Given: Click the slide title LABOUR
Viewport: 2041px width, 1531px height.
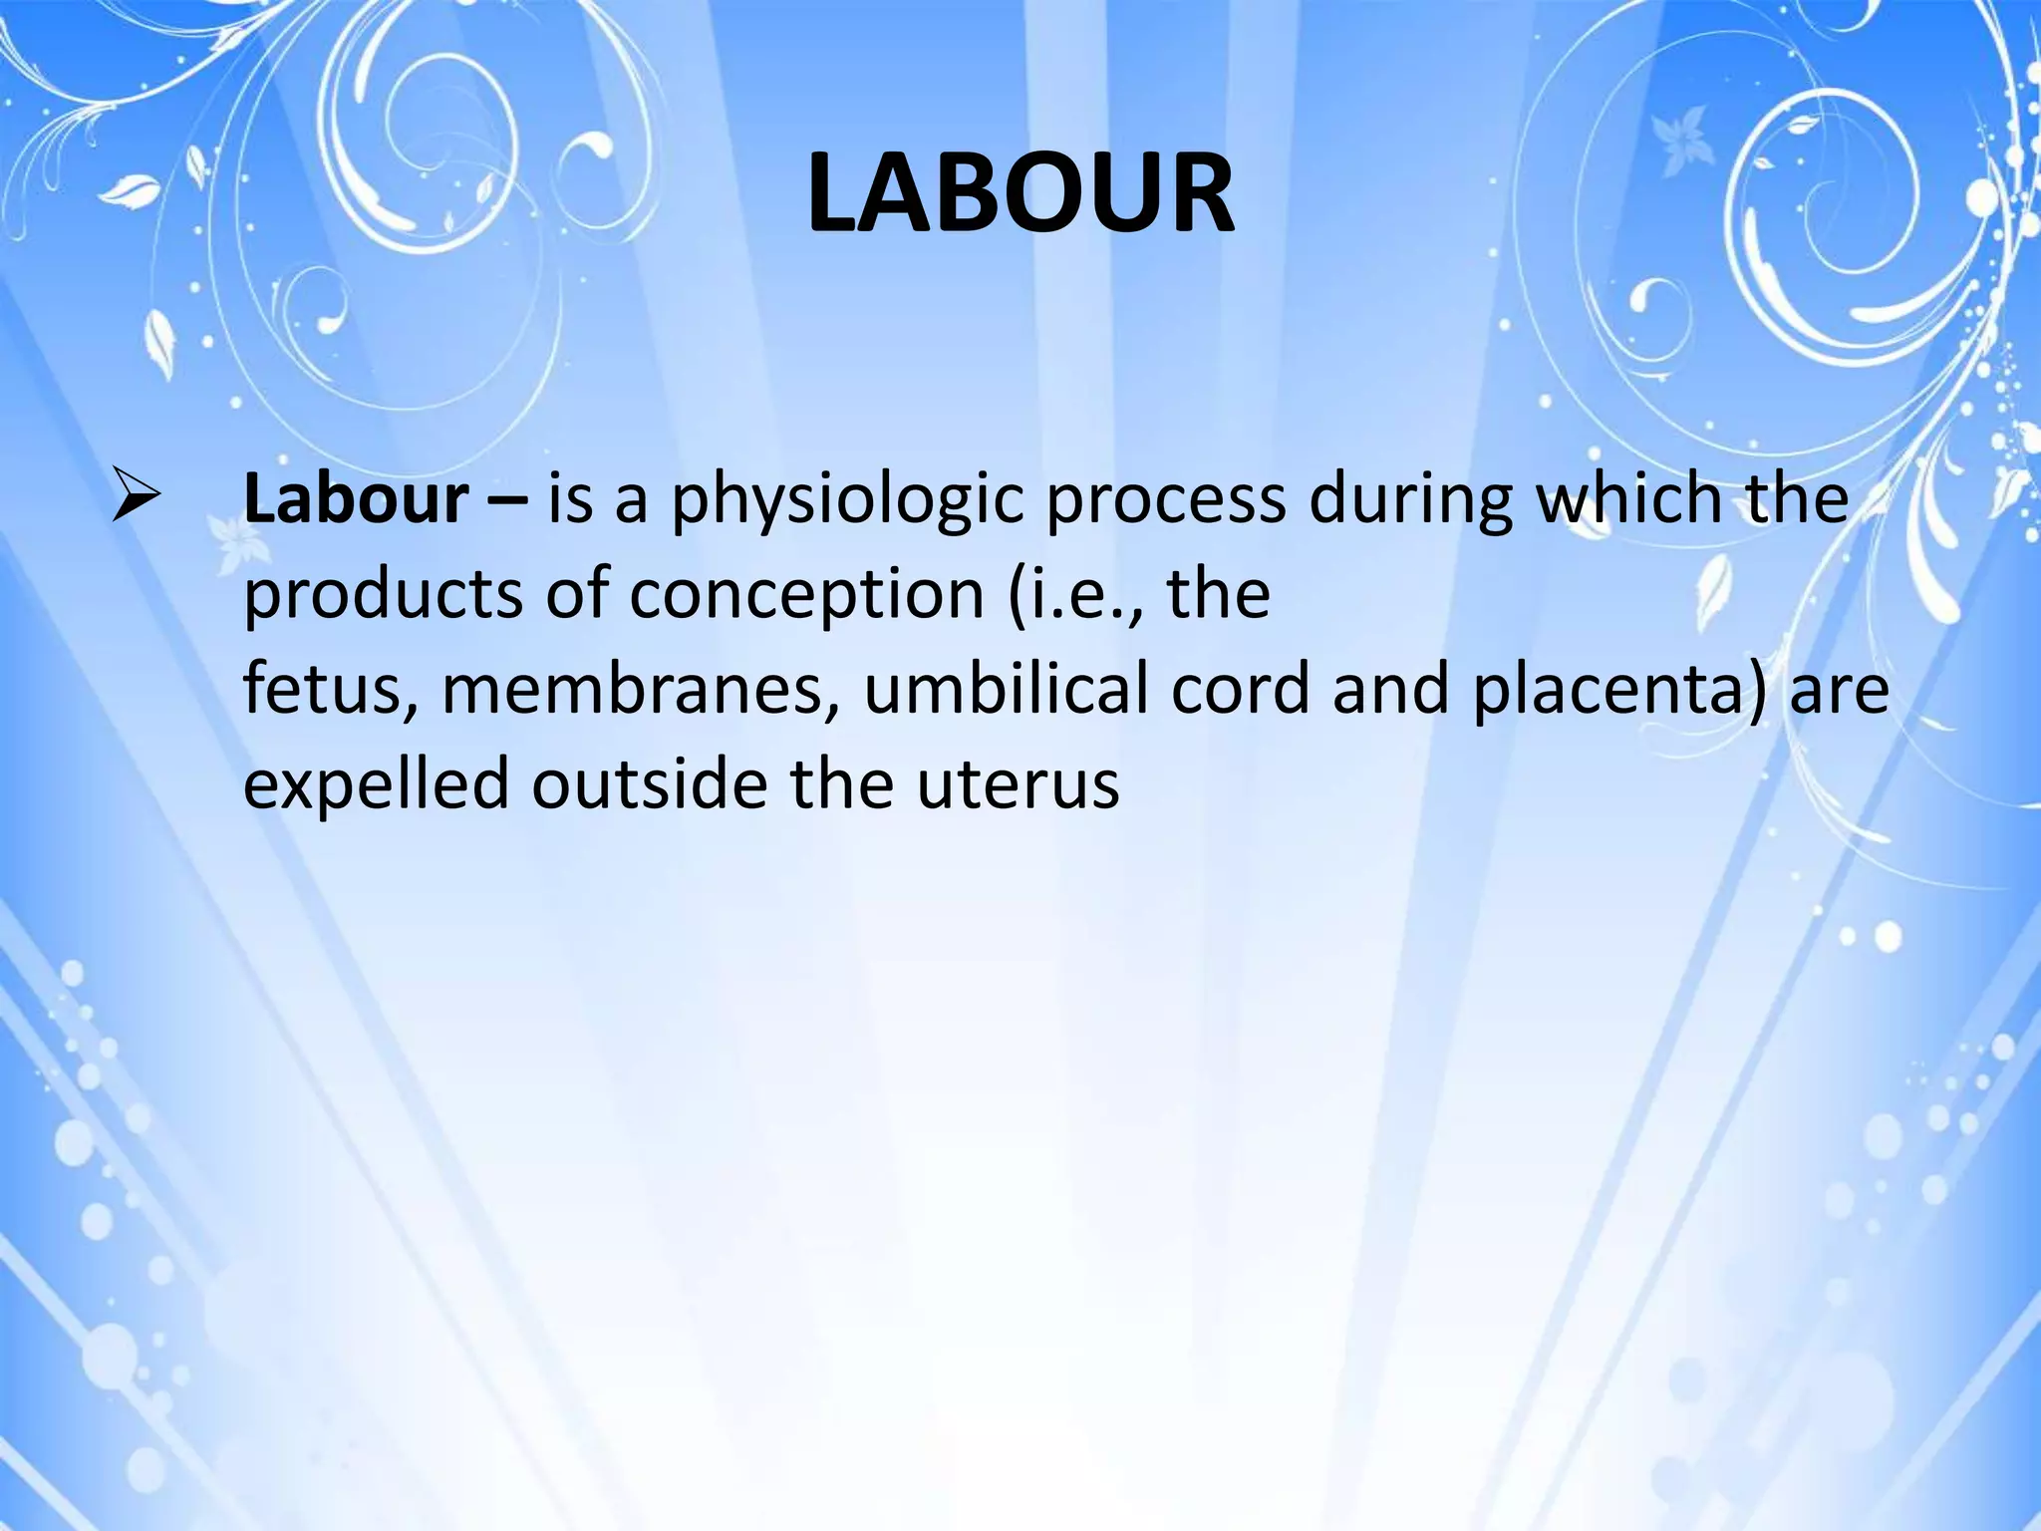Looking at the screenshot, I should pyautogui.click(x=1020, y=193).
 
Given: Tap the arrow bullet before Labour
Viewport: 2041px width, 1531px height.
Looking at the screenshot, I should pyautogui.click(x=136, y=497).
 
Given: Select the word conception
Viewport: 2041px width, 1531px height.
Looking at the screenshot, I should pyautogui.click(x=807, y=596).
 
